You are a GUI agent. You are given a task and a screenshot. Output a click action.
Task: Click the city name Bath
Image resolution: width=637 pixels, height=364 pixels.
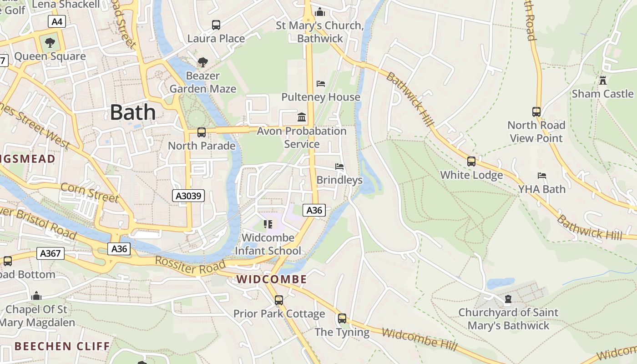[132, 112]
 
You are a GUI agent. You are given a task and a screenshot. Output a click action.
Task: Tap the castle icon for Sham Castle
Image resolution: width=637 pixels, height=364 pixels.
[603, 81]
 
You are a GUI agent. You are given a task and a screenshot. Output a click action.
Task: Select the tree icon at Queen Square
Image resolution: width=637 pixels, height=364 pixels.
[50, 43]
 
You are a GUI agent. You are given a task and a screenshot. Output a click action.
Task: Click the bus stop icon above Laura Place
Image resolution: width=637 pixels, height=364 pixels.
[216, 25]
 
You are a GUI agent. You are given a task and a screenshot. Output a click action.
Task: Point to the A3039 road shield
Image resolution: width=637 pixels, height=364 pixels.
[189, 196]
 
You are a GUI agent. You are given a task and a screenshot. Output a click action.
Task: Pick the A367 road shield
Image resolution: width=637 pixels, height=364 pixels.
[51, 253]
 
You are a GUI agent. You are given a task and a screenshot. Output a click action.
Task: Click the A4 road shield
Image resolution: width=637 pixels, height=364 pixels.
[57, 21]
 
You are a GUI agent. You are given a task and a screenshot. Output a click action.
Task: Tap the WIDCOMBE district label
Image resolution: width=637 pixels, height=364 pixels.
[272, 279]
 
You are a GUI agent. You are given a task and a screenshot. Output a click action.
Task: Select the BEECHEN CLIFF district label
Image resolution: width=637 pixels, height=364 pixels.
[62, 346]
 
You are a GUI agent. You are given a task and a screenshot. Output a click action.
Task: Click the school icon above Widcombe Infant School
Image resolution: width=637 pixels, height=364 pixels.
[268, 224]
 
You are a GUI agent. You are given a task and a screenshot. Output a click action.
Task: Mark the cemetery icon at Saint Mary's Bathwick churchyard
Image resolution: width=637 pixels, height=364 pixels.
[508, 299]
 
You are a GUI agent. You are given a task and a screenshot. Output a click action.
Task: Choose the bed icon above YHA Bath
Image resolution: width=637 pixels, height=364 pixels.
[541, 176]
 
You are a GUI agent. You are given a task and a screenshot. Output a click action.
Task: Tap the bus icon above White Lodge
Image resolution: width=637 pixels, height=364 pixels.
[471, 162]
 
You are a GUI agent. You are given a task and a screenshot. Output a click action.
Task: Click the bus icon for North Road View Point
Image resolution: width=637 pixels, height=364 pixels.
[536, 111]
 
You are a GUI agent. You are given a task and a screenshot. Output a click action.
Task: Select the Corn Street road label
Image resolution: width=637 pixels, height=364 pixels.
[89, 192]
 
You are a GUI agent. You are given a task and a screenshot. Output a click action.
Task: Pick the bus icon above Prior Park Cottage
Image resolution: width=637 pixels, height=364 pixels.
[279, 300]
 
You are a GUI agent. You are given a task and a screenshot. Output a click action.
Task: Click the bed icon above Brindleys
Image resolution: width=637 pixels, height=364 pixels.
[339, 167]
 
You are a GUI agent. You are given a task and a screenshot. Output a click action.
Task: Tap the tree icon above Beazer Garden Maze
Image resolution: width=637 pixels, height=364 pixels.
[203, 62]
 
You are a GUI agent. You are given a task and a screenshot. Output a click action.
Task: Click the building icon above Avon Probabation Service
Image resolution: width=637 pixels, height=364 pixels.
[302, 117]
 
